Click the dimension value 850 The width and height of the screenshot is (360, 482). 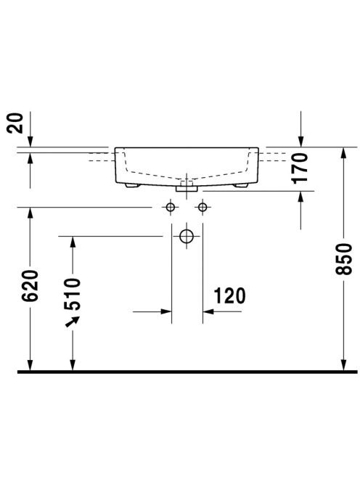344,258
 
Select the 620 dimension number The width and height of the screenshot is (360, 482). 30,285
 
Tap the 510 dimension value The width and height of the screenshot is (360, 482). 73,293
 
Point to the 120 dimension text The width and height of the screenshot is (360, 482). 229,295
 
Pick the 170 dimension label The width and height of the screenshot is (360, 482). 300,168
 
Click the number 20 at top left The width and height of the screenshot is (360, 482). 15,123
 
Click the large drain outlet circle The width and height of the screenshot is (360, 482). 187,236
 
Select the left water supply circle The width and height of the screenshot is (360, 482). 171,207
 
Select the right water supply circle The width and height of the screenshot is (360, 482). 202,207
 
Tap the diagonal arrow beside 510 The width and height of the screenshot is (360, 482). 73,322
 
